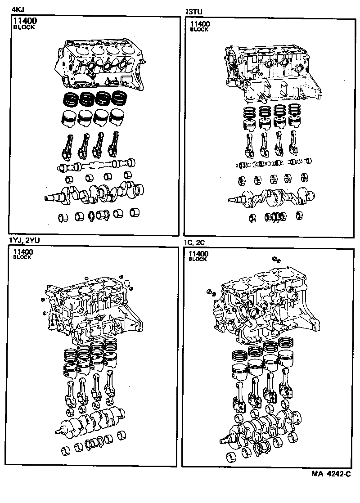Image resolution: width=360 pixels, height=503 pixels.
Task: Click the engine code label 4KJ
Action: point(17,9)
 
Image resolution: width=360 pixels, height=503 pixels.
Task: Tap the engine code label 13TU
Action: point(193,9)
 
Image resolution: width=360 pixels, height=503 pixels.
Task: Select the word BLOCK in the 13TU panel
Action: point(199,30)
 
